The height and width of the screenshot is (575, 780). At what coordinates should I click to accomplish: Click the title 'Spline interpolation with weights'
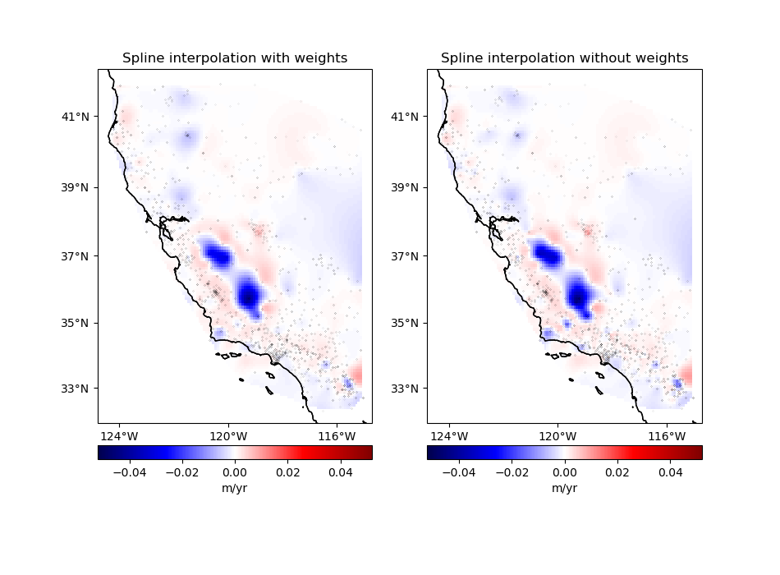click(235, 58)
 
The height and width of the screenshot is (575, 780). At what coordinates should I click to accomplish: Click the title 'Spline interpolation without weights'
click(564, 58)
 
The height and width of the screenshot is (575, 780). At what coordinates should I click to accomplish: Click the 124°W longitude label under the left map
click(120, 435)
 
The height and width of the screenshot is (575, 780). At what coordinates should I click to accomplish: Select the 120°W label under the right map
click(557, 435)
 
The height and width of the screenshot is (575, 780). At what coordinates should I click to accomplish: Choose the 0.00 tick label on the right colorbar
click(564, 472)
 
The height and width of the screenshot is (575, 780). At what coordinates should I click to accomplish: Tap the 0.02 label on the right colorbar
click(617, 472)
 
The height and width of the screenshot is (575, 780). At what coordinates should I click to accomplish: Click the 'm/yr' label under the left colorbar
click(235, 488)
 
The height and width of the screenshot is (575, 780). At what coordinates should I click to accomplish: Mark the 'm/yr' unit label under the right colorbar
click(564, 488)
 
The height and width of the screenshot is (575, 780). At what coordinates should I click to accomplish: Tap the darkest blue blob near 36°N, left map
click(249, 295)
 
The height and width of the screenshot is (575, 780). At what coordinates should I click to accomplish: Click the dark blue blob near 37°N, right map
click(545, 254)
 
